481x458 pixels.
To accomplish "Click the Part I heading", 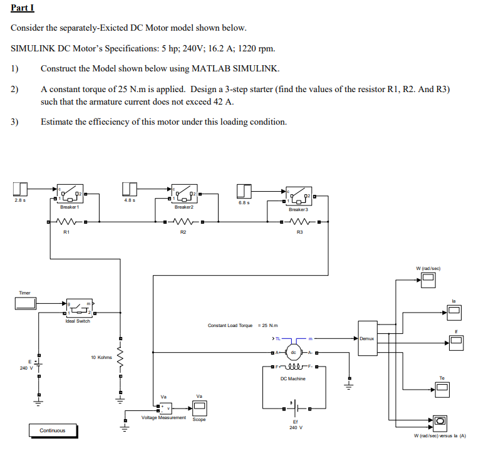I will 23,8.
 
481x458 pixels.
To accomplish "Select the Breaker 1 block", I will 70,195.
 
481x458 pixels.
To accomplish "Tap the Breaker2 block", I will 184,195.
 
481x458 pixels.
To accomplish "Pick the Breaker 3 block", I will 299,197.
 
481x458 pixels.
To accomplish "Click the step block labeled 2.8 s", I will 20,190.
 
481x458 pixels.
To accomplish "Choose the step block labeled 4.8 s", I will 130,190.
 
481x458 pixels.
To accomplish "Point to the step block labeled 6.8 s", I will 244,191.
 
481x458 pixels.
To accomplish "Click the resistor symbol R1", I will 66,221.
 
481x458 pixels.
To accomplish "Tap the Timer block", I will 25,303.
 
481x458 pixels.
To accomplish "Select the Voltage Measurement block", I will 163,408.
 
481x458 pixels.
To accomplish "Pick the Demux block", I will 366,338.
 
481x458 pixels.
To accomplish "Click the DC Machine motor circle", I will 292,353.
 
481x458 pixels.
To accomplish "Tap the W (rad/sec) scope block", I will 428,281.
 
